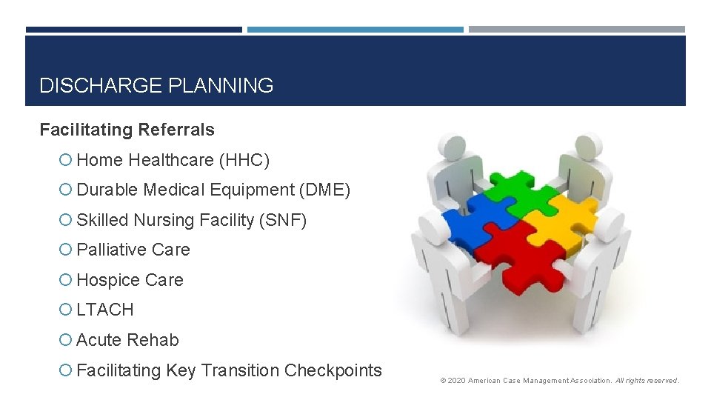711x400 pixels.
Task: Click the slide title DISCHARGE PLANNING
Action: (x=156, y=86)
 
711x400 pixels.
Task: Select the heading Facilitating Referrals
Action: (x=127, y=130)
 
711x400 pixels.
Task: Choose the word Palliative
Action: (x=110, y=250)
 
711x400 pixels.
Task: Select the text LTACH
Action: (x=105, y=310)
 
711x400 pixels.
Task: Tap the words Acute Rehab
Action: (x=127, y=341)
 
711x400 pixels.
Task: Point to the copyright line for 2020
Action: (x=559, y=381)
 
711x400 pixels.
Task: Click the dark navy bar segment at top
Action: (x=133, y=30)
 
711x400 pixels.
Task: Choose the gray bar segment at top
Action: (x=576, y=30)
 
